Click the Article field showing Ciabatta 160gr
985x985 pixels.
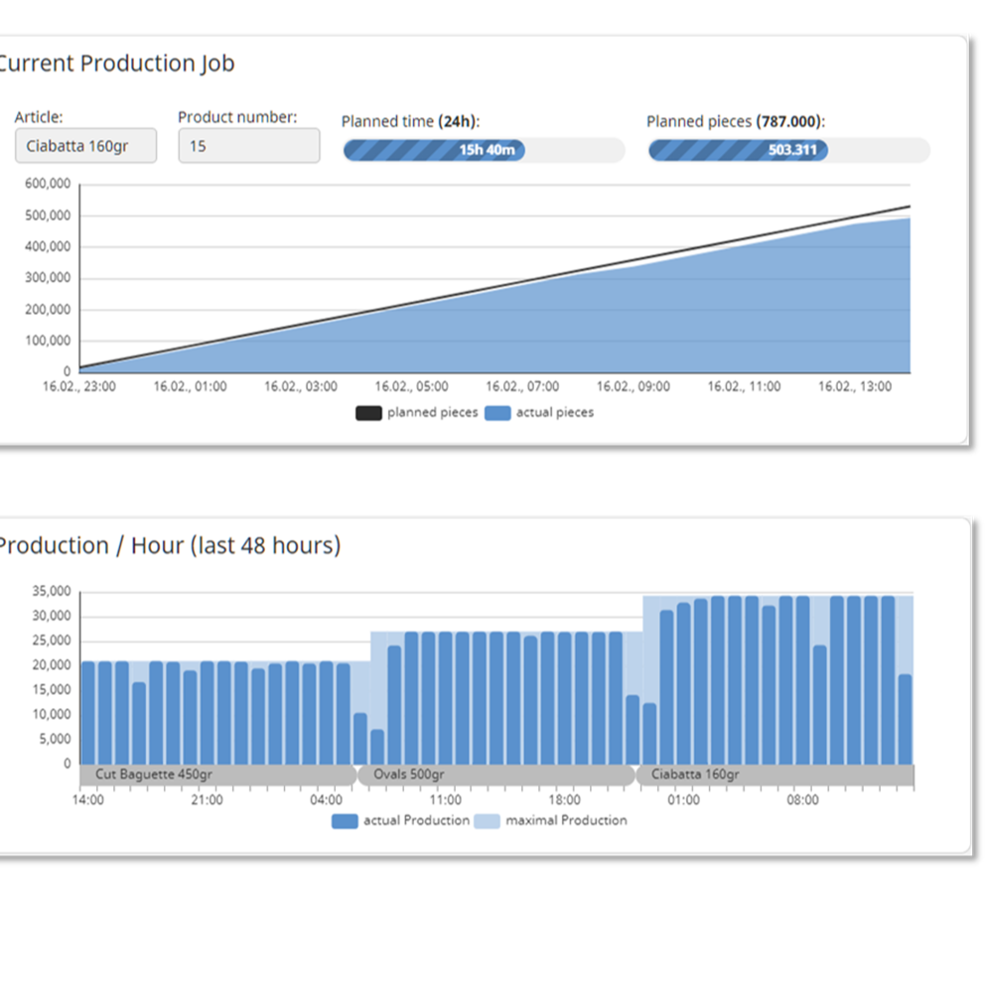[x=85, y=146]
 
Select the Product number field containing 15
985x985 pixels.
[x=248, y=146]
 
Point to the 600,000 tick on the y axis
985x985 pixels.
[x=47, y=185]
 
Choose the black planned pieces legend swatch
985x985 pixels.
[x=368, y=413]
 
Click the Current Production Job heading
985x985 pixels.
[x=115, y=64]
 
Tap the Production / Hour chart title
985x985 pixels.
[x=168, y=545]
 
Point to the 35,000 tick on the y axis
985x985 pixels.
[x=51, y=591]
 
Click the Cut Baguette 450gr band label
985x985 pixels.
[x=154, y=774]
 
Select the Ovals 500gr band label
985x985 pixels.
[x=408, y=774]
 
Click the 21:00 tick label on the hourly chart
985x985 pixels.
[x=207, y=800]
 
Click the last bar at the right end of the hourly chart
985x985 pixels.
[x=905, y=719]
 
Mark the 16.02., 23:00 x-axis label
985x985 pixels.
[x=78, y=387]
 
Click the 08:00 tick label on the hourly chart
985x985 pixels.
[x=802, y=800]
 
